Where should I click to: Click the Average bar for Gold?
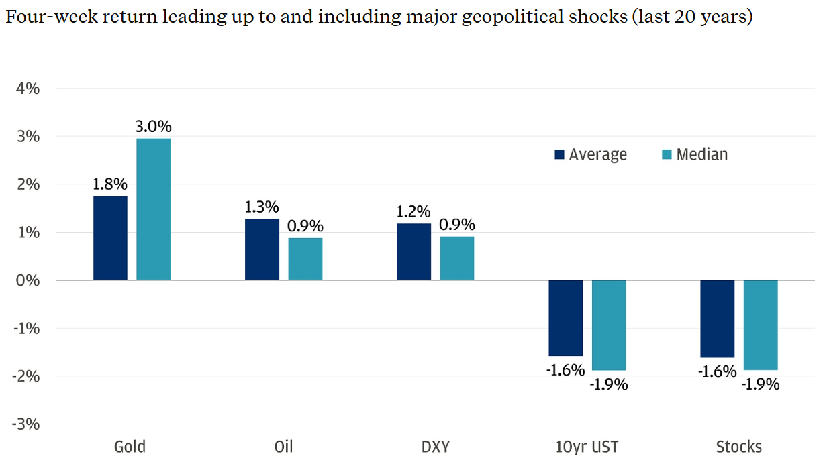point(110,238)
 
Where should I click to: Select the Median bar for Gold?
point(153,209)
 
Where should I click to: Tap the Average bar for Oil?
point(262,249)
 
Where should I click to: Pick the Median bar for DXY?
point(456,258)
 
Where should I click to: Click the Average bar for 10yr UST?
point(565,318)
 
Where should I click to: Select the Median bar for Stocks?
point(761,325)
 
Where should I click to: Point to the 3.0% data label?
point(154,126)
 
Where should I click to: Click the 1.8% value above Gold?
point(110,184)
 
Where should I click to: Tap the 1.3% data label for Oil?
point(262,207)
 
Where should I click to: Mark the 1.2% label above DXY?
point(413,212)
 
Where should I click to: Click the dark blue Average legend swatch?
point(559,155)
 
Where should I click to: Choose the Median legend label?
point(701,154)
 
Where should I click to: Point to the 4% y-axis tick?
point(28,89)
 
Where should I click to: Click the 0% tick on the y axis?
point(28,280)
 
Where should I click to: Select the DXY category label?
point(435,447)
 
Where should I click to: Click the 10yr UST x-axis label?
point(587,447)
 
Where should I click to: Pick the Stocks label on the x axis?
point(739,447)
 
